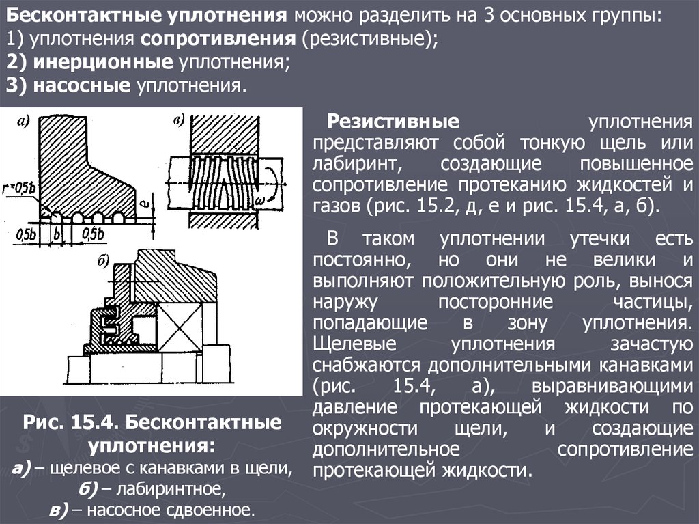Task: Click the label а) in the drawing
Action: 23,123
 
